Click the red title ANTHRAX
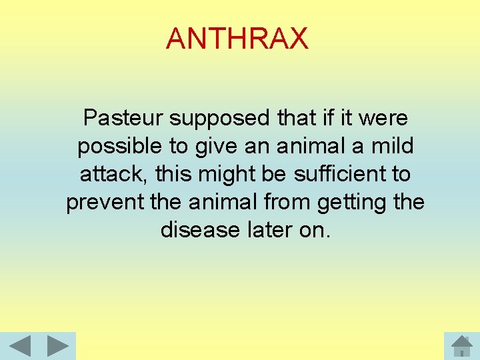coord(237,38)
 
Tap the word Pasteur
coord(123,118)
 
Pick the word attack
coord(113,174)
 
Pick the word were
coord(384,118)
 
